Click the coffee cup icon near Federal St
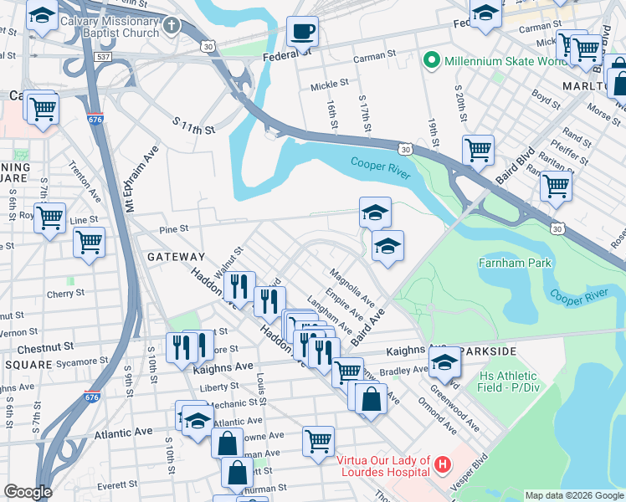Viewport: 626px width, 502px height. tap(302, 32)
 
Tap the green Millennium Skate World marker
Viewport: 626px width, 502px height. tap(432, 59)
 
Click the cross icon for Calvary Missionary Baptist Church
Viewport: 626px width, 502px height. tap(172, 24)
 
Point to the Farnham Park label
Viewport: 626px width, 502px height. tap(515, 263)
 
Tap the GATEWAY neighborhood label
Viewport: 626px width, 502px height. tap(175, 257)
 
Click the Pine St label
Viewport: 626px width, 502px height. tap(172, 228)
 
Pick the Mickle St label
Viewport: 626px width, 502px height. tap(329, 84)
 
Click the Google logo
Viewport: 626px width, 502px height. tap(28, 492)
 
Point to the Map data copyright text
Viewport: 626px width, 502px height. tap(573, 495)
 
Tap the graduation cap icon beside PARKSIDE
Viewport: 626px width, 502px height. tap(445, 362)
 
